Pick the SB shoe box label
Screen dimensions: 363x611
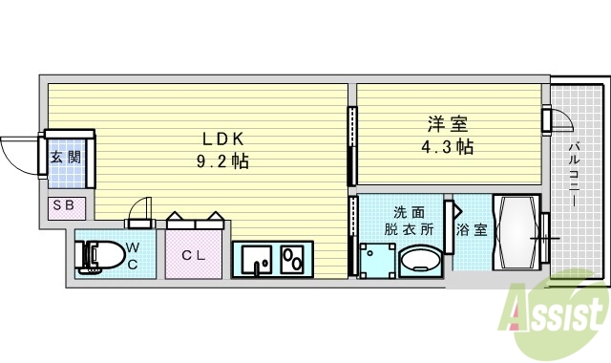pyautogui.click(x=66, y=205)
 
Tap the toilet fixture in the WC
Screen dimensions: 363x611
pyautogui.click(x=103, y=255)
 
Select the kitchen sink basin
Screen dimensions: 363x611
pyautogui.click(x=255, y=259)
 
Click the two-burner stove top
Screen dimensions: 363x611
pyautogui.click(x=292, y=259)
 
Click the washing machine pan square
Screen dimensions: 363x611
pyautogui.click(x=379, y=258)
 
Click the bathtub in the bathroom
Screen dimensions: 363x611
pyautogui.click(x=516, y=232)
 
